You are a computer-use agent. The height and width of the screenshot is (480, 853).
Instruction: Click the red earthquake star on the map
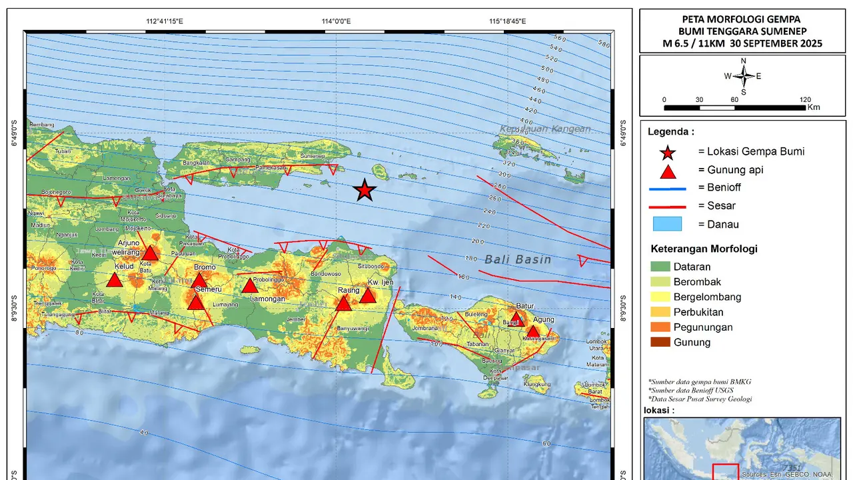point(364,191)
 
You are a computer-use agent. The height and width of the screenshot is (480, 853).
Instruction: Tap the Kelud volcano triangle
point(115,280)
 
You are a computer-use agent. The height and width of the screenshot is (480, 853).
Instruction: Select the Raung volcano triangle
point(343,304)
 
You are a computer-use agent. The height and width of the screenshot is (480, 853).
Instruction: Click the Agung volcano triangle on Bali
point(533,331)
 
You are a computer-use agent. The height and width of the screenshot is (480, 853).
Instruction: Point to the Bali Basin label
point(518,259)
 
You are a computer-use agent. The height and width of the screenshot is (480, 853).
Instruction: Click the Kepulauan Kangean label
point(545,129)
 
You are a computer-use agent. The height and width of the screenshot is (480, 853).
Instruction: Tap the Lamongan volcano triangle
point(249,286)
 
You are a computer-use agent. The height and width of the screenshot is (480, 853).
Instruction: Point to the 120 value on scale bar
point(805,99)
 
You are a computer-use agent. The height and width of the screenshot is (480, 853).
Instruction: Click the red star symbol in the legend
point(668,152)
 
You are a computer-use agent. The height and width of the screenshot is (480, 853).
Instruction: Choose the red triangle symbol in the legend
point(668,171)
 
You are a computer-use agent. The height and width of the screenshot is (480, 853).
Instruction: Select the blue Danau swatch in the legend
point(668,224)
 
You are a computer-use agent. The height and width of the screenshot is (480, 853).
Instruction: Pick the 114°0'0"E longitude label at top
point(336,21)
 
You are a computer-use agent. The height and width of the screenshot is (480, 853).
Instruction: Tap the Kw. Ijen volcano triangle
point(368,295)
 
